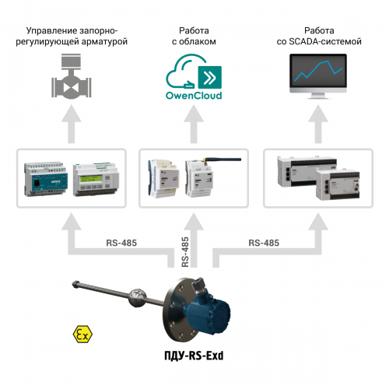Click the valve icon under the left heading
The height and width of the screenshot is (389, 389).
[72, 78]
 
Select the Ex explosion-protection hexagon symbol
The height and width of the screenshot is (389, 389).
[80, 335]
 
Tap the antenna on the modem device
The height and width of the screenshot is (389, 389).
[209, 160]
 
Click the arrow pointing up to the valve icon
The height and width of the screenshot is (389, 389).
[72, 124]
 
